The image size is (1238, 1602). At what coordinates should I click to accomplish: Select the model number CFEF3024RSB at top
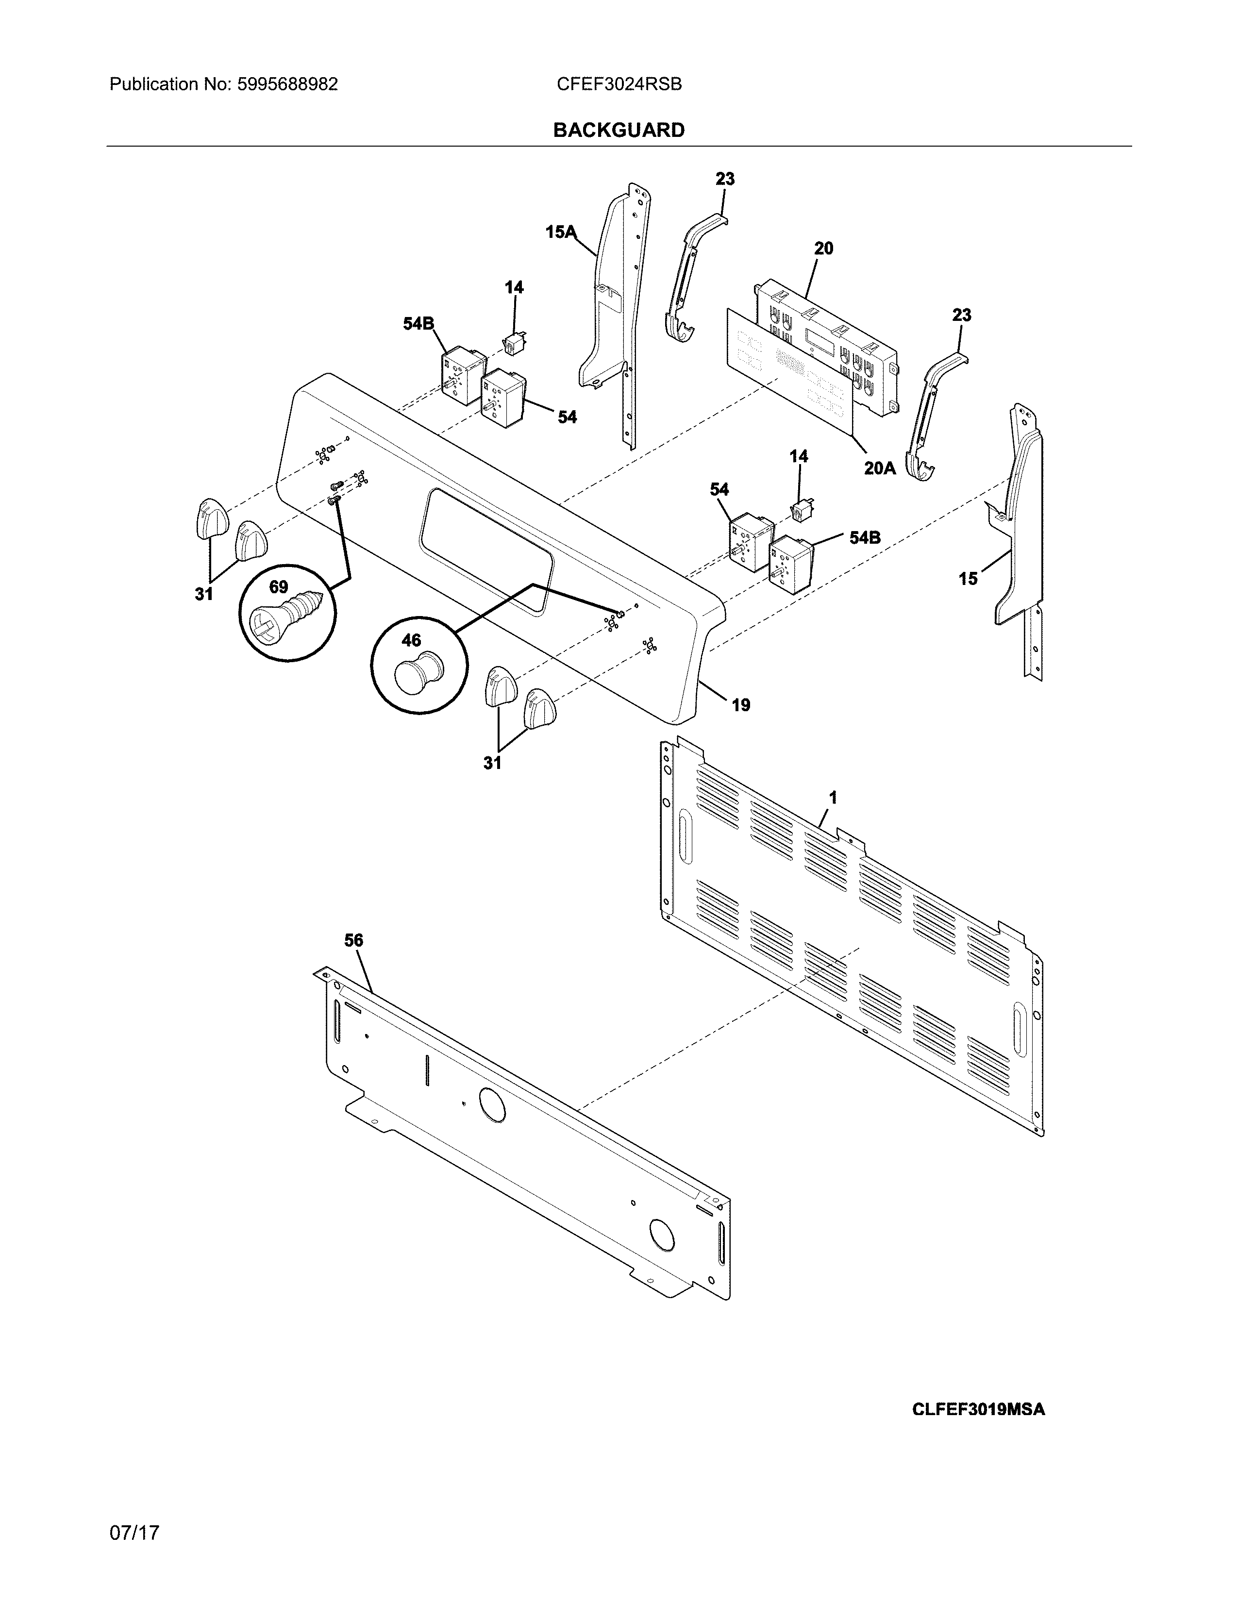(x=619, y=84)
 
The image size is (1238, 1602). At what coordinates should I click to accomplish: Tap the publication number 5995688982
(x=287, y=84)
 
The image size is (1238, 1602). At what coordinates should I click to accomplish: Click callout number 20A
(x=879, y=467)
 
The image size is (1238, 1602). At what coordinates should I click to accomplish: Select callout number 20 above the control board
(x=823, y=249)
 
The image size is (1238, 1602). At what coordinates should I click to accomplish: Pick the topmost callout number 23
(x=725, y=179)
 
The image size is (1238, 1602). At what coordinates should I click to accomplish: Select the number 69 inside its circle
(x=279, y=587)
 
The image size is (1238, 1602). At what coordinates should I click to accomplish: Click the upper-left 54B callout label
(x=418, y=323)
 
